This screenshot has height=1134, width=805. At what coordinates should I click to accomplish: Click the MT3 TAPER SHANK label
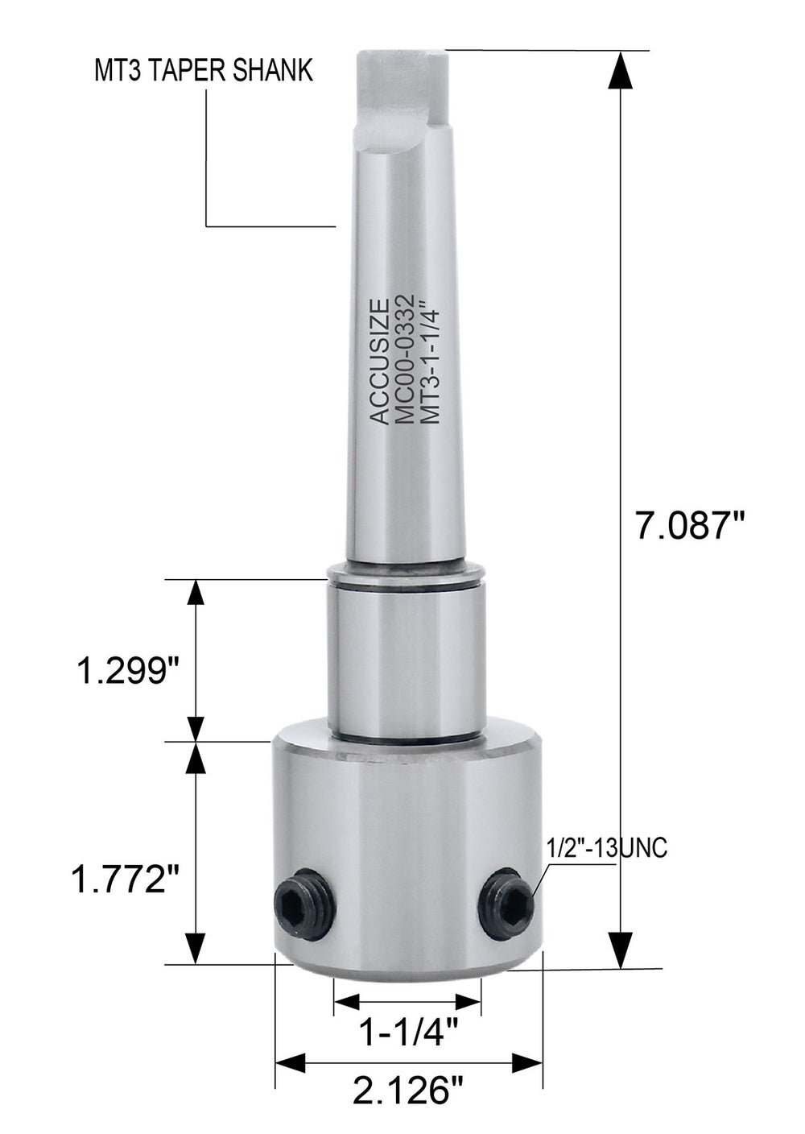[203, 72]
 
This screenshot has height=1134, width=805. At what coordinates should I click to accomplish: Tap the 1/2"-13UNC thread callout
[607, 849]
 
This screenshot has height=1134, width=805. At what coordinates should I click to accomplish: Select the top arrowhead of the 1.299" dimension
[194, 594]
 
